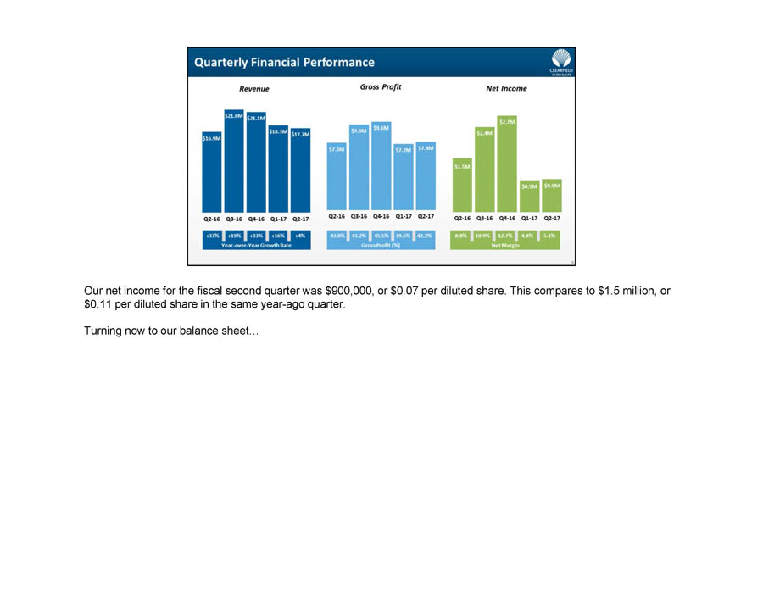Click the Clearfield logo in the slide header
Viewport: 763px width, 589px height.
tap(560, 62)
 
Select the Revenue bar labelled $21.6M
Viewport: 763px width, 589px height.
tap(234, 161)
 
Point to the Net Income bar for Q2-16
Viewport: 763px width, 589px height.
tap(462, 185)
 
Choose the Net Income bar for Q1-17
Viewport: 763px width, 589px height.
tap(529, 196)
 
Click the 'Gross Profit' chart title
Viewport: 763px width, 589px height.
tap(381, 87)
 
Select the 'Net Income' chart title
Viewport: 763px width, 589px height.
tap(506, 88)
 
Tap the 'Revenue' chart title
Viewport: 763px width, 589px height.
tap(254, 88)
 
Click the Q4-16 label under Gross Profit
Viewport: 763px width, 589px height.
tap(381, 218)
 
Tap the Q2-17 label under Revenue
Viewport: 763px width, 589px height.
tap(300, 218)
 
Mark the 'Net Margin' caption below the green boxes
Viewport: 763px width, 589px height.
tap(506, 245)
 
